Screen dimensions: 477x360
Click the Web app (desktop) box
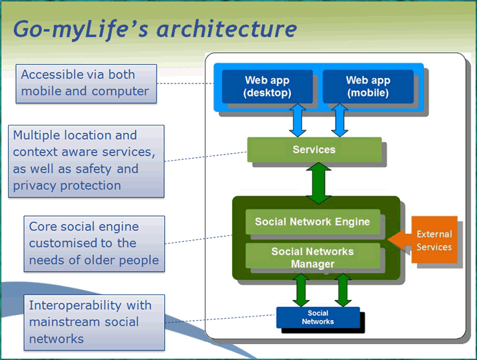pyautogui.click(x=267, y=86)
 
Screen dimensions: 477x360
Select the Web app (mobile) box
pyautogui.click(x=368, y=86)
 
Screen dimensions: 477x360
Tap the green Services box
pyautogui.click(x=314, y=150)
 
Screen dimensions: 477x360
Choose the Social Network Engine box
pyautogui.click(x=313, y=221)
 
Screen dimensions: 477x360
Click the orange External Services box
pyautogui.click(x=434, y=239)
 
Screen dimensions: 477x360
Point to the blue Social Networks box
pyautogui.click(x=318, y=317)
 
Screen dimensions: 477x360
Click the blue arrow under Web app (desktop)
pyautogui.click(x=298, y=120)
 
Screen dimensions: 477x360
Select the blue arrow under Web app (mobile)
pyautogui.click(x=340, y=120)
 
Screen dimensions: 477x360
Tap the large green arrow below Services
pyautogui.click(x=318, y=183)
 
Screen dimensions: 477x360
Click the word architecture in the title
pyautogui.click(x=226, y=29)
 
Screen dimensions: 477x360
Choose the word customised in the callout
pyautogui.click(x=63, y=243)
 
